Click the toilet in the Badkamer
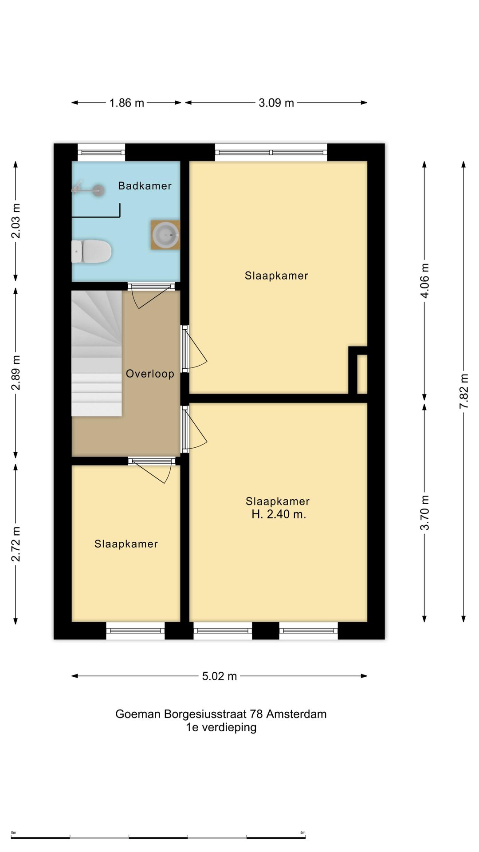[91, 251]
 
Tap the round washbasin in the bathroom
[165, 234]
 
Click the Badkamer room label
[145, 186]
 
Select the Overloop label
[150, 374]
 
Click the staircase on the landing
[97, 353]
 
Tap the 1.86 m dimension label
[127, 103]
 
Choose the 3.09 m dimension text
[276, 103]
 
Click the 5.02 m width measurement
[220, 676]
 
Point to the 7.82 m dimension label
[464, 392]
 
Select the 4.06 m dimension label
[425, 281]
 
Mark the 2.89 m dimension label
[16, 373]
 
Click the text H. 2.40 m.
[279, 514]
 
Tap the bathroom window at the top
[102, 153]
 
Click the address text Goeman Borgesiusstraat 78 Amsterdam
[221, 714]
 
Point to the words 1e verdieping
[221, 727]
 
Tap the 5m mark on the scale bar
[303, 832]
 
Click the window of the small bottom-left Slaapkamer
[135, 630]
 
